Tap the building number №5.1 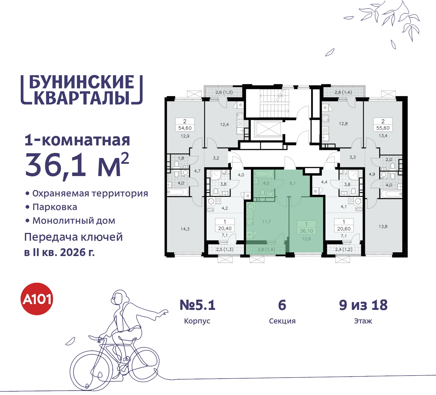tap(198, 305)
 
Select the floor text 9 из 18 tap(363, 305)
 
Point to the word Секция tap(282, 321)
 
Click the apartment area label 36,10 tap(306, 231)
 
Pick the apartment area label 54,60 tap(185, 128)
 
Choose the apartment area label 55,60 tap(383, 128)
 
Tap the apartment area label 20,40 tap(224, 229)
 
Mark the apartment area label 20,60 tap(344, 229)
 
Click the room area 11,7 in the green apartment tap(266, 222)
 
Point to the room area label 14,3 tap(185, 229)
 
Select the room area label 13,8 tap(383, 226)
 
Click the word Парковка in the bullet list tap(55, 207)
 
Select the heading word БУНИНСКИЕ tap(82, 82)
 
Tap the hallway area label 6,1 tap(293, 183)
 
